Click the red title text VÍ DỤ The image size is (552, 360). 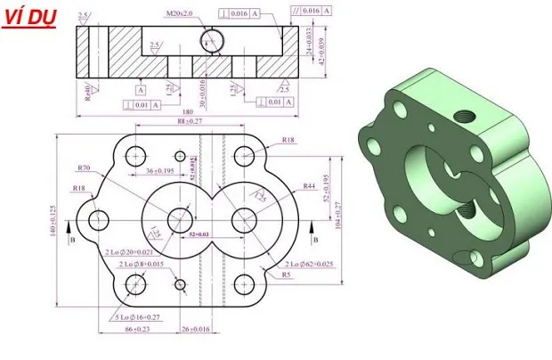(29, 19)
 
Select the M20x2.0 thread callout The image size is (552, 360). (185, 15)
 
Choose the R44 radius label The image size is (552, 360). (309, 186)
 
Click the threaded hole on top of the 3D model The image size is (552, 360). (464, 117)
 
